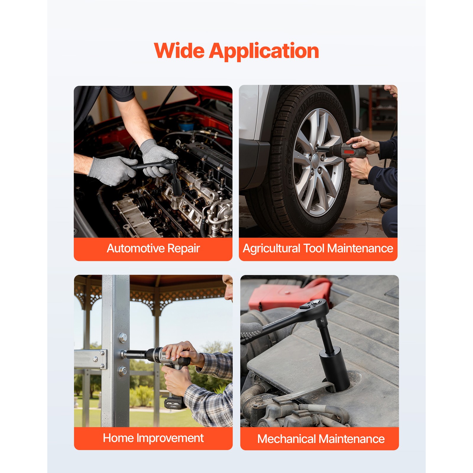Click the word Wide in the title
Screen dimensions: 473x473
179,51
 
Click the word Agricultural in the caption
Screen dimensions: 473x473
271,249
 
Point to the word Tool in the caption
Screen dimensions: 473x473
314,248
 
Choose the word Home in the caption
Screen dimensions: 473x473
118,438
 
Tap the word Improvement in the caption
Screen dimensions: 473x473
170,438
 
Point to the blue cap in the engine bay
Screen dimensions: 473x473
186,126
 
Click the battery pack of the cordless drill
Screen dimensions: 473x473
174,403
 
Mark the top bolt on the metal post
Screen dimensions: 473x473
123,337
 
